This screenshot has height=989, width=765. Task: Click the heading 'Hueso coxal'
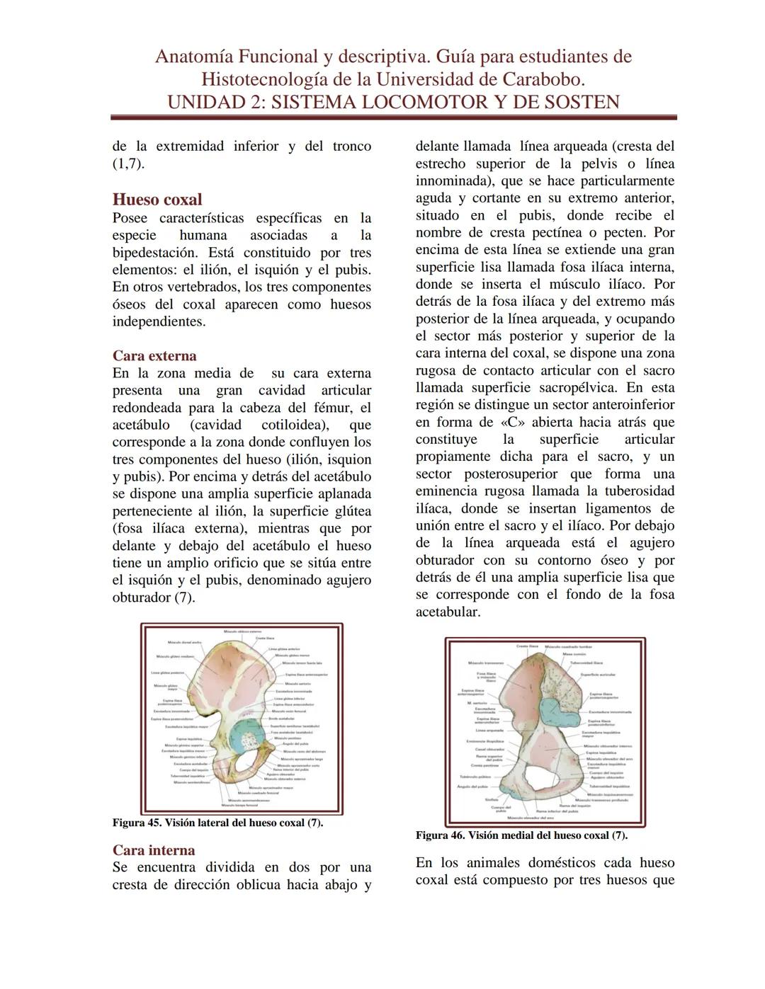point(157,200)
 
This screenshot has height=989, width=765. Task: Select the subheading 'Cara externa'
point(154,355)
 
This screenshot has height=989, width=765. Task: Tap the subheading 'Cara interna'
point(154,850)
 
